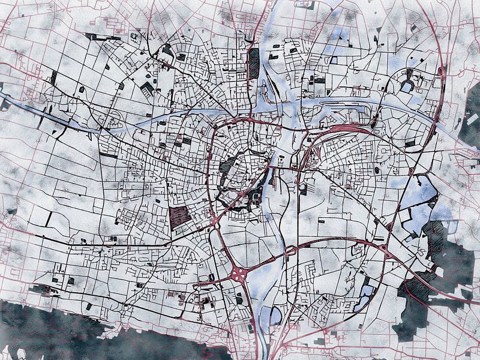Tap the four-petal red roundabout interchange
(x=238, y=274)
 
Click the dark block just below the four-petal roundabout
(x=239, y=298)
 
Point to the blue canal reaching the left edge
(x=18, y=102)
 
